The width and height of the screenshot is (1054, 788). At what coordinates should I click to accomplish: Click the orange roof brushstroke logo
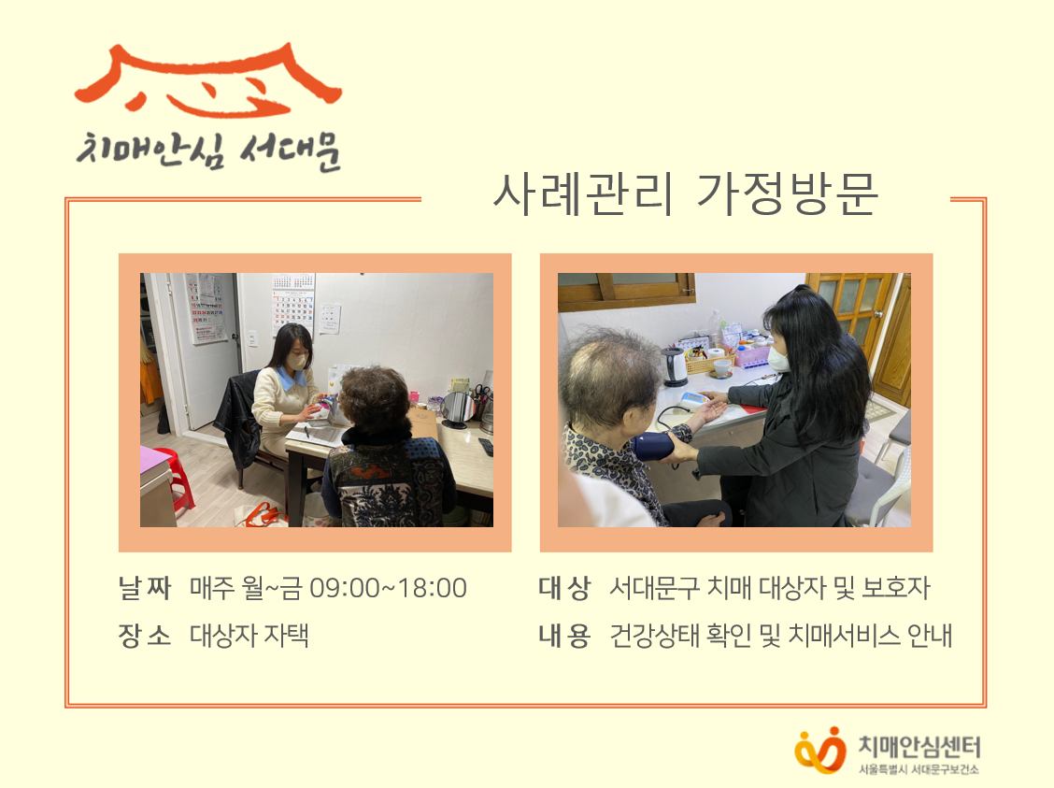coord(208,79)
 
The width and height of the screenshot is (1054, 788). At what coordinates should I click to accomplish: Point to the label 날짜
coord(145,588)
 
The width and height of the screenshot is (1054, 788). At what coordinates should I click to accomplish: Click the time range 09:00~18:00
coord(388,588)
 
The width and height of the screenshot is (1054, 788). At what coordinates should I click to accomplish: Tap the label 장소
coord(145,635)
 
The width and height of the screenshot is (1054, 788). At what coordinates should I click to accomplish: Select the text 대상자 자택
coord(249,635)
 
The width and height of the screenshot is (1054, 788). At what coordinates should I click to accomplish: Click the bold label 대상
coord(564,588)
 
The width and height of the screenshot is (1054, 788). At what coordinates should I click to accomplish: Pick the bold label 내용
coord(564,635)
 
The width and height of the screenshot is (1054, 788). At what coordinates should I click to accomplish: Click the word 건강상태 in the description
coord(654,635)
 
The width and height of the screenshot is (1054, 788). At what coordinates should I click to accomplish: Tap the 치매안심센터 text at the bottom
coord(919,746)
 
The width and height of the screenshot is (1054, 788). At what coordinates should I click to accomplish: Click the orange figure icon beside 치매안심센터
coord(819,750)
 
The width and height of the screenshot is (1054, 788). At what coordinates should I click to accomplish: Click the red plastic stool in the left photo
coord(178,479)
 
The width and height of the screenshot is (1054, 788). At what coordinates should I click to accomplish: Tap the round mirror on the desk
coord(458,409)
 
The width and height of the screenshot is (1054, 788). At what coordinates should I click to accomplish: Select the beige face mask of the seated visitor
coord(296,361)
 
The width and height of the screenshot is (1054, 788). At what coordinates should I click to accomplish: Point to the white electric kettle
coord(675,365)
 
